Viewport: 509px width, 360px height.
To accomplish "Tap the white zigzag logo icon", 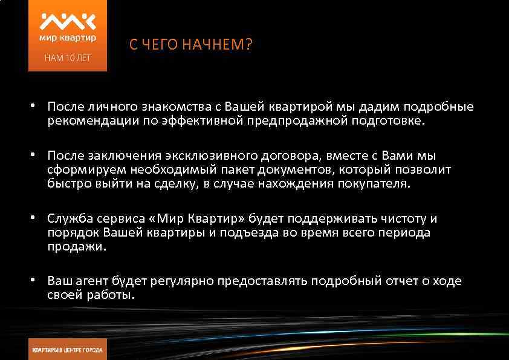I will coord(68,22).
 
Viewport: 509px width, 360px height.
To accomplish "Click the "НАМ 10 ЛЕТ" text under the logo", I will coord(68,59).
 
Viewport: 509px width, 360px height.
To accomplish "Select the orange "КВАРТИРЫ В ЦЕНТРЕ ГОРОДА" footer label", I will coord(68,350).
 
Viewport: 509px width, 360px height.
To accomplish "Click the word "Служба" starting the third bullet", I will coord(68,218).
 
